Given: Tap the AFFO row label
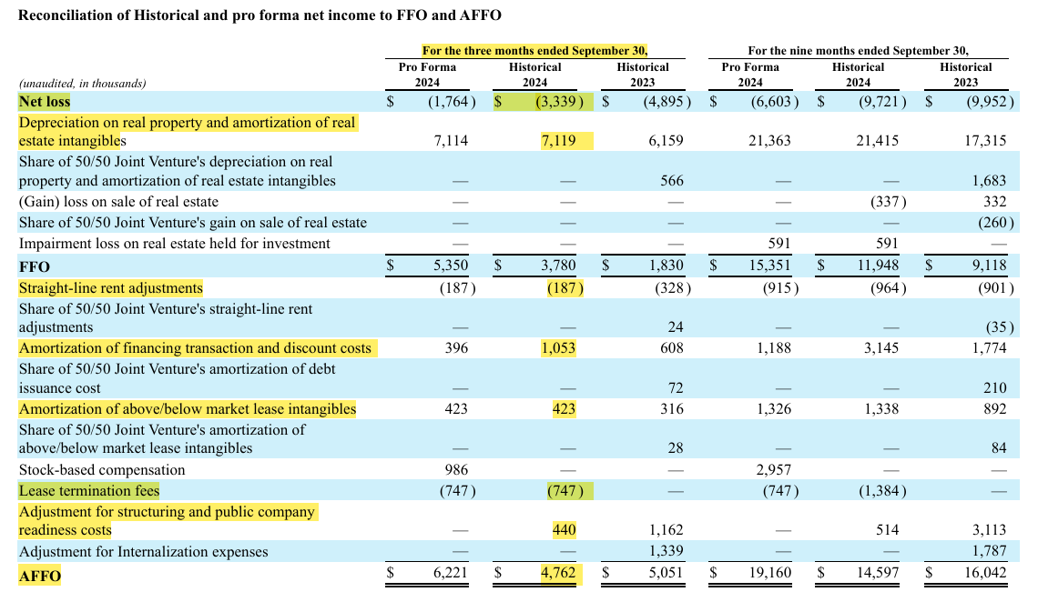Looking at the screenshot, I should tap(40, 576).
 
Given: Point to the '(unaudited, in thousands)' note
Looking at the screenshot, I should tap(82, 83).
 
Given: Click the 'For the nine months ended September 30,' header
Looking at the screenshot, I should tap(858, 51).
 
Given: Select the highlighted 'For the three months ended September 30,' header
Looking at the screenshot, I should tap(535, 51).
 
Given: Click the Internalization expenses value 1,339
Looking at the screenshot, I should tap(668, 552).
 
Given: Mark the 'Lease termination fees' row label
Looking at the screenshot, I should tap(89, 491).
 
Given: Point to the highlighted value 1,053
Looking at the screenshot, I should tap(558, 348).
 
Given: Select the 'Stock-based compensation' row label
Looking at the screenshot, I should tap(102, 470).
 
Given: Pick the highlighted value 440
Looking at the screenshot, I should tap(564, 530).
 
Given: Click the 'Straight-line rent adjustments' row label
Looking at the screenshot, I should tap(111, 288).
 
